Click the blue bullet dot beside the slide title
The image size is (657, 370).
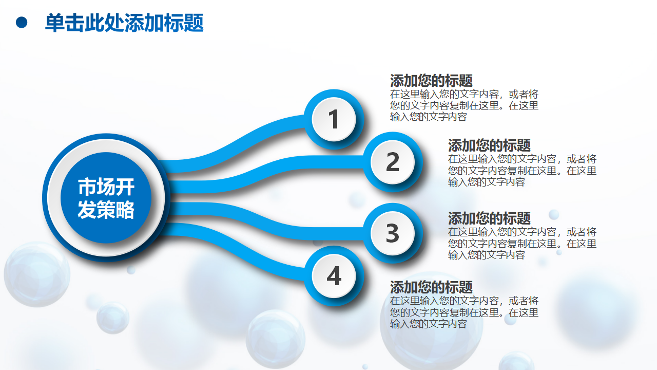[x=22, y=23]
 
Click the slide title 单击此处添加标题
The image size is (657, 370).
[x=124, y=23]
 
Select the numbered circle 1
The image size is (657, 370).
[x=334, y=119]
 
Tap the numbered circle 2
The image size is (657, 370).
[x=393, y=162]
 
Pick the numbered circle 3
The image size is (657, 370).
[x=393, y=233]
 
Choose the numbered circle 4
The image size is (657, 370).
[x=334, y=276]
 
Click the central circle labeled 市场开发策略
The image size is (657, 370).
[x=106, y=198]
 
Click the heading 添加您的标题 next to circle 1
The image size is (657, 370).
[x=431, y=81]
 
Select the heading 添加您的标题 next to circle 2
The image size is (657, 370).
[x=489, y=145]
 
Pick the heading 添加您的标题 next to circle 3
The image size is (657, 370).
[x=489, y=218]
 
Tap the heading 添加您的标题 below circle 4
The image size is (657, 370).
[x=431, y=287]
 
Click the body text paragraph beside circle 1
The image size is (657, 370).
[x=465, y=106]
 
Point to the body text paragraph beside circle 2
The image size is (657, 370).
[x=523, y=171]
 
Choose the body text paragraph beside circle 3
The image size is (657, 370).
[x=523, y=244]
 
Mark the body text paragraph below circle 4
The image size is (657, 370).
[x=465, y=312]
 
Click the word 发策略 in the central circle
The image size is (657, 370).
[x=106, y=210]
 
